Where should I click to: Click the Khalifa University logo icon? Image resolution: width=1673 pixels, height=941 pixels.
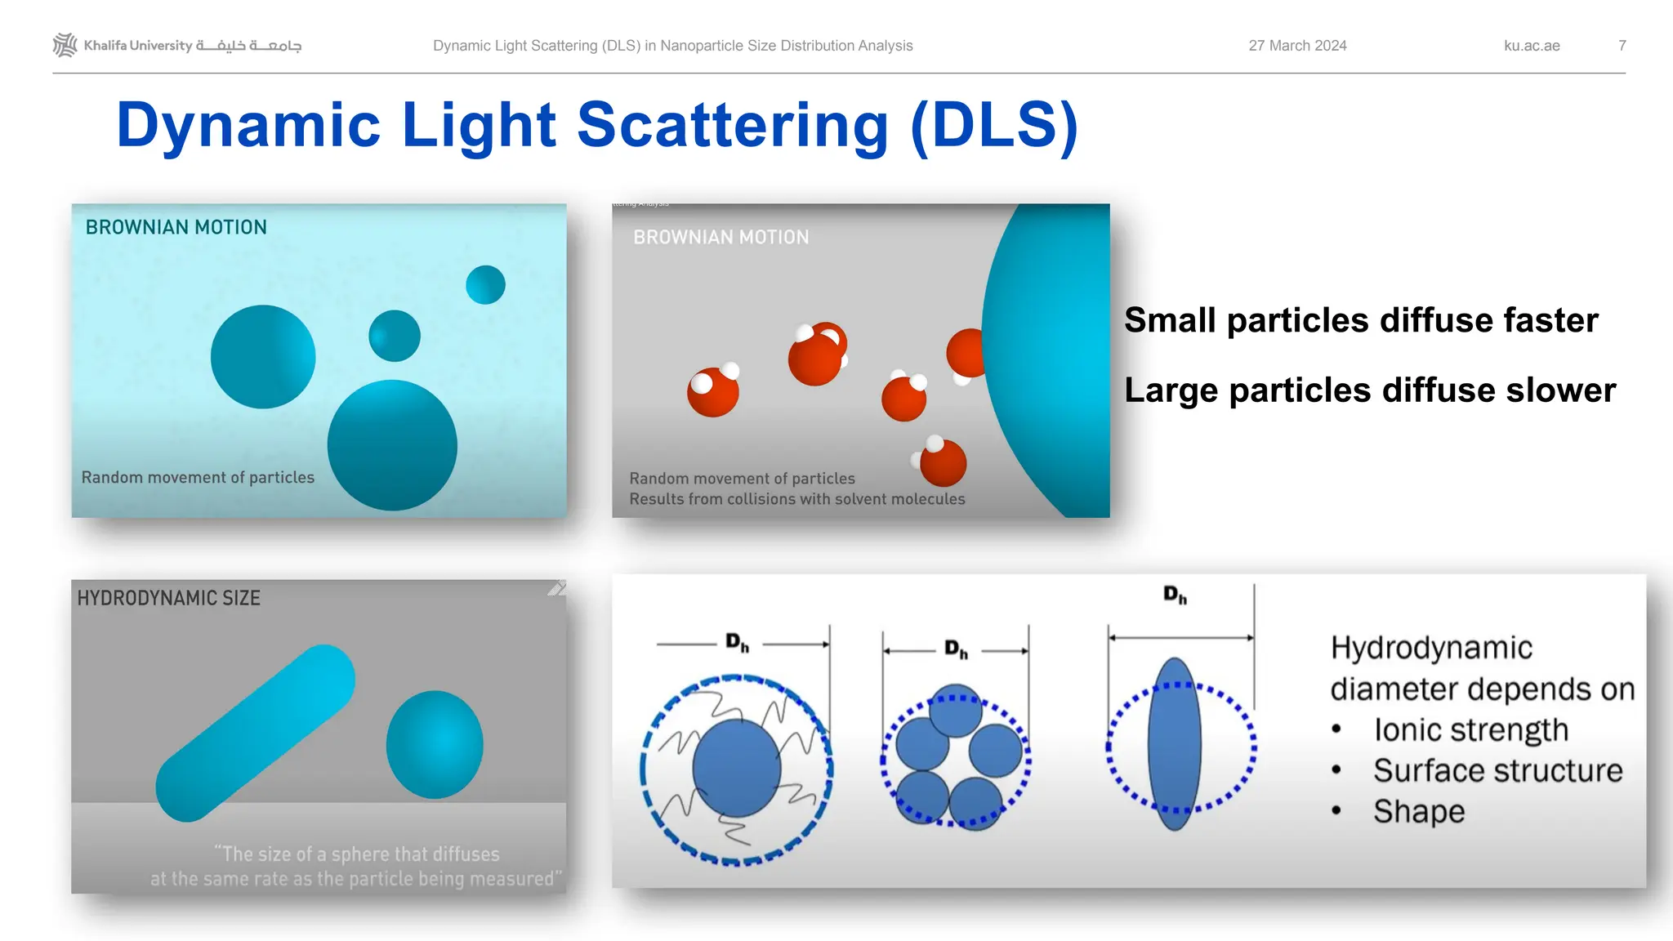point(65,45)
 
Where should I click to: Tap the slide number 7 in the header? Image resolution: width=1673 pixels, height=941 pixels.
point(1622,46)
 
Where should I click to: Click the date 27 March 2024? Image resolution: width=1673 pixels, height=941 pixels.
point(1297,46)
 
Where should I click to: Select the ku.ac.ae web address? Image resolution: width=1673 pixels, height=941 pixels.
point(1532,46)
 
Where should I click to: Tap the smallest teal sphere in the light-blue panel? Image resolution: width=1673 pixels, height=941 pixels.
point(485,285)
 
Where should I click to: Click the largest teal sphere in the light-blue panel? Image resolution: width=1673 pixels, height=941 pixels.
point(392,445)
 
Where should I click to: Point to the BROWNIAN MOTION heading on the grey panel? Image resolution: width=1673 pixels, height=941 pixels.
point(721,238)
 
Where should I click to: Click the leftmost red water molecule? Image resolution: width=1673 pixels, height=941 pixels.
point(713,391)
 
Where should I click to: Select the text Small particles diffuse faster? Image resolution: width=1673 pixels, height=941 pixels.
point(1360,320)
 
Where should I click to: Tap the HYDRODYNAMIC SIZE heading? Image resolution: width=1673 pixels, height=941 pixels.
point(168,598)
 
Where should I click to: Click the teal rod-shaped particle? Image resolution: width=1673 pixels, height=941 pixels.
point(256,733)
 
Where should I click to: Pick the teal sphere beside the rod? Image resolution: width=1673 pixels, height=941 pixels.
point(435,744)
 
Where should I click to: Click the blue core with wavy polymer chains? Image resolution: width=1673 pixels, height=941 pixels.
point(736,768)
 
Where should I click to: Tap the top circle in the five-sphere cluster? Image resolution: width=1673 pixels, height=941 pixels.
point(955,712)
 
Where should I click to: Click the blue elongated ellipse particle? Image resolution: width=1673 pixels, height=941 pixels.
point(1174,744)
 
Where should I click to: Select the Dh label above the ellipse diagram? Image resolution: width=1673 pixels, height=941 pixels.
point(1175,595)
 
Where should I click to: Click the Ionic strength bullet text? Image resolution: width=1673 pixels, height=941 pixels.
point(1470,730)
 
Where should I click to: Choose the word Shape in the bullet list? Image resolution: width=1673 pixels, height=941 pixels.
point(1419,812)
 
